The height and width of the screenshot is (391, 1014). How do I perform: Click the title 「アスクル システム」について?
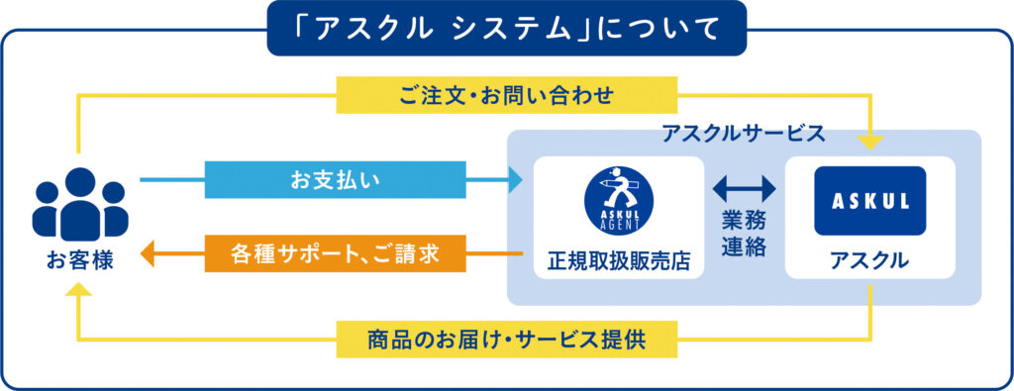(x=507, y=29)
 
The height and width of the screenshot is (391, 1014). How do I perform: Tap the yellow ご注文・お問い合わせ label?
(x=506, y=95)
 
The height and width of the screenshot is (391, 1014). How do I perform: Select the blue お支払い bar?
(x=335, y=180)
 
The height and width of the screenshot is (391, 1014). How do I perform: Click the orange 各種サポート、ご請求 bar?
(x=335, y=253)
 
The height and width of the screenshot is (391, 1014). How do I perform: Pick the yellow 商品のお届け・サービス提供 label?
(x=506, y=340)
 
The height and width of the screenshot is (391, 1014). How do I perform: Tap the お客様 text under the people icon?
(x=80, y=262)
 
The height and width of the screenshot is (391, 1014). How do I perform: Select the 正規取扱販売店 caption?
(x=619, y=260)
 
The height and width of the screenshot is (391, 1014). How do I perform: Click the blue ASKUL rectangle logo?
(x=869, y=201)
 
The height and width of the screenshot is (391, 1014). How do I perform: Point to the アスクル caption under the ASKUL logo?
(x=869, y=260)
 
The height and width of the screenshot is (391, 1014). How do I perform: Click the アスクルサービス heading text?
(x=744, y=133)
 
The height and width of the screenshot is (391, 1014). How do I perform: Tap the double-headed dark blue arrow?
(x=744, y=189)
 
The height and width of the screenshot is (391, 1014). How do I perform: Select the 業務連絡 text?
(x=745, y=235)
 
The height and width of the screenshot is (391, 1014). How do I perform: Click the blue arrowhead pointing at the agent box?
(x=515, y=180)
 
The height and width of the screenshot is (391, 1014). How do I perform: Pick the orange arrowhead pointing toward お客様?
(x=149, y=253)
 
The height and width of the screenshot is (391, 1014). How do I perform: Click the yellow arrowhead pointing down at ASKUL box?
(x=869, y=143)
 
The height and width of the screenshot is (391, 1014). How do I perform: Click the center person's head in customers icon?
(x=80, y=182)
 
